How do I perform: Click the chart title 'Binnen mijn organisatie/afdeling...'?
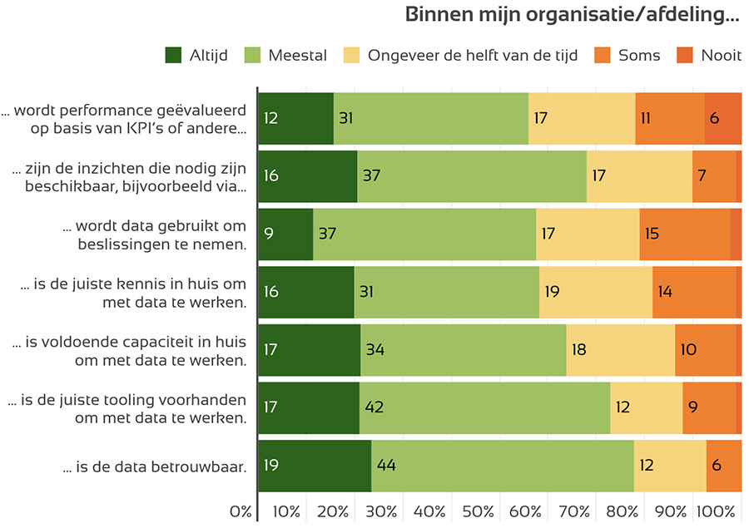[573, 15]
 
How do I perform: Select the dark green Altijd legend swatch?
[173, 56]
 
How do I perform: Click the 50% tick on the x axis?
[478, 511]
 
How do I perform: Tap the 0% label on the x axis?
[240, 511]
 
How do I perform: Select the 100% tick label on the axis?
[716, 511]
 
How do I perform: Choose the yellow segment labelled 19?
[595, 292]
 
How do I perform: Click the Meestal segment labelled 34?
[463, 349]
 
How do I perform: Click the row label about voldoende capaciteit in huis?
[129, 350]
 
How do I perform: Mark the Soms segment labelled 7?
[713, 176]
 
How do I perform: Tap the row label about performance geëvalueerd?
[125, 119]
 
